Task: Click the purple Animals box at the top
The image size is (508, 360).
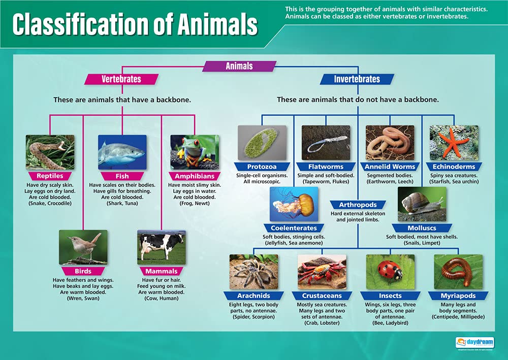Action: (239, 66)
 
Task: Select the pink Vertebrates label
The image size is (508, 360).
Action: (121, 79)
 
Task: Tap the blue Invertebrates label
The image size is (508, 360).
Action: (357, 79)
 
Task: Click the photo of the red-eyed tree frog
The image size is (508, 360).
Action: (195, 152)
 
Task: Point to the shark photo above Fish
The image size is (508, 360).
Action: (122, 152)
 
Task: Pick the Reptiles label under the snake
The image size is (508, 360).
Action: (50, 176)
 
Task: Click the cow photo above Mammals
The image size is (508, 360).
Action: (161, 247)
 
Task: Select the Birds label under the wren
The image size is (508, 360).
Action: (83, 271)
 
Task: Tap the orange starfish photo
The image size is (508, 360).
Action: (454, 143)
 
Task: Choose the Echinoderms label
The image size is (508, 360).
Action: (454, 167)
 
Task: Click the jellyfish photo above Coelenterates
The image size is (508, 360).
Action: (294, 204)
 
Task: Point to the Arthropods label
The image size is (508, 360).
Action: (358, 205)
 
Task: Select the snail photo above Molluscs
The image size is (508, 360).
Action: (422, 204)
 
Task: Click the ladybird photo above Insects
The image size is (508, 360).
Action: (390, 272)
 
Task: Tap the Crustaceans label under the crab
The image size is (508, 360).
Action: (322, 296)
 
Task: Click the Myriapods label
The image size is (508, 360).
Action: (458, 296)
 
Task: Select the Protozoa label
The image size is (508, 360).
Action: (262, 167)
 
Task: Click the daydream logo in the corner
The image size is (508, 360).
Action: (474, 342)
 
